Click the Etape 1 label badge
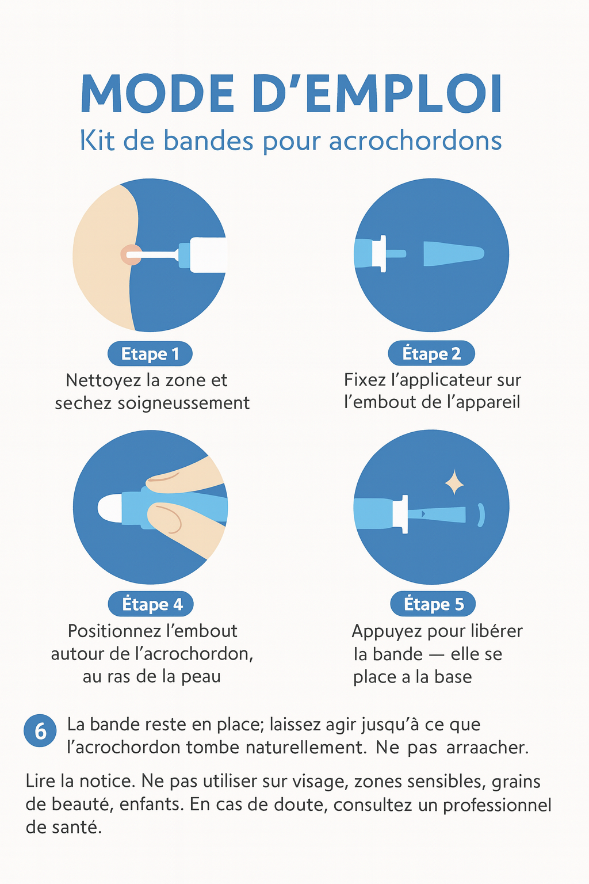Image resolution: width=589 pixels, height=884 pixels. [150, 353]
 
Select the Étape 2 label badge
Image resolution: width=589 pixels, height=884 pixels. [431, 353]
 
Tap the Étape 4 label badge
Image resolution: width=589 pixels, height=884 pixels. [151, 604]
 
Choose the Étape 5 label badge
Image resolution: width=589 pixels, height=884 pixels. [433, 604]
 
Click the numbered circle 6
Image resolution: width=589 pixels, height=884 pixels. [40, 730]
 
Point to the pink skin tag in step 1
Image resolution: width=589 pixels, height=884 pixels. [131, 255]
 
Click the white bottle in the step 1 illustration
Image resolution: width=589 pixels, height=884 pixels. [208, 255]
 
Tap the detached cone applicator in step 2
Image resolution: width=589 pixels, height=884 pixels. [454, 253]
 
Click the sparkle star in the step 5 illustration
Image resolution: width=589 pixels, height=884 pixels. [454, 482]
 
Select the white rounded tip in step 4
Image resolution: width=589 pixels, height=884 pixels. [110, 508]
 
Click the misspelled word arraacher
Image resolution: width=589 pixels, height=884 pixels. [487, 747]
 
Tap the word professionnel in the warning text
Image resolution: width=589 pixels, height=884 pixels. [497, 805]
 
